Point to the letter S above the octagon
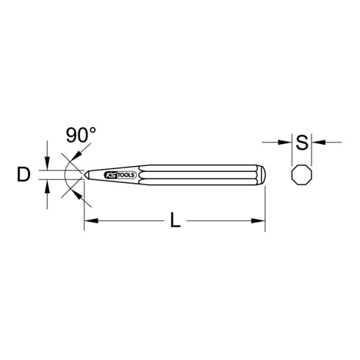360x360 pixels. (301, 140)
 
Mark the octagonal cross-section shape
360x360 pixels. (301, 176)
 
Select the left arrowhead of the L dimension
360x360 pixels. (90, 220)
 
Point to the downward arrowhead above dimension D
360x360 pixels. (48, 166)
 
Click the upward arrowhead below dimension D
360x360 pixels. (48, 186)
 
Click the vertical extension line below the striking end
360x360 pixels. (264, 206)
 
